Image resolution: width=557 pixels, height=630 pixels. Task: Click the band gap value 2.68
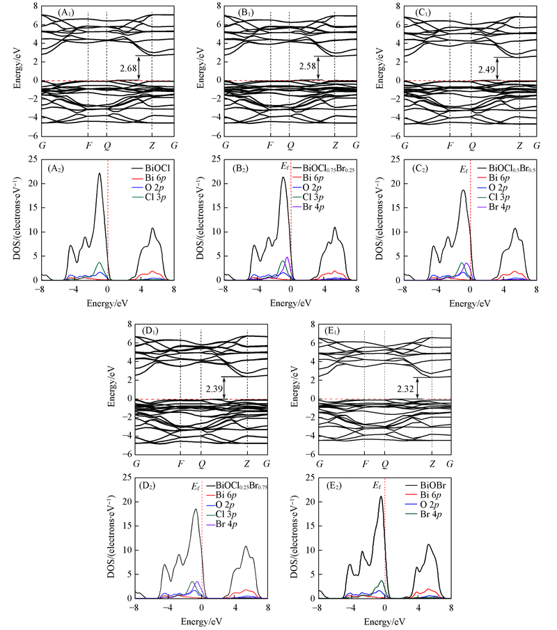tap(127, 68)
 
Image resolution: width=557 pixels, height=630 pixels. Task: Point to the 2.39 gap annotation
tap(215, 387)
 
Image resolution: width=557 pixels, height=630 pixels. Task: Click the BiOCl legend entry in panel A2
tap(152, 169)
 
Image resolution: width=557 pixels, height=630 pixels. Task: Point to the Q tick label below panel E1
tap(384, 464)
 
